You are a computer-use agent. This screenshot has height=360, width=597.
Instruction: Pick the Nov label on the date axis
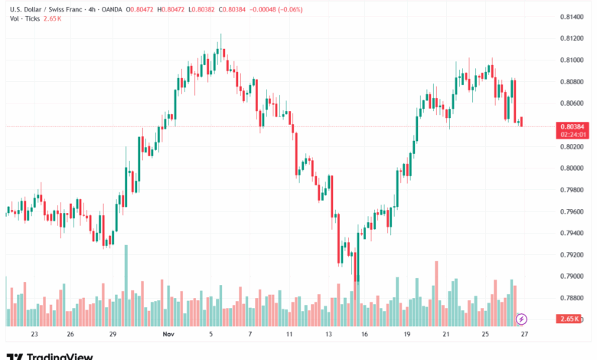point(169,335)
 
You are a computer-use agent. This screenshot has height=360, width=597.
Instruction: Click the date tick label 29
point(113,335)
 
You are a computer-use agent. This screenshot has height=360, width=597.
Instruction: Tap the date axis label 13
point(328,335)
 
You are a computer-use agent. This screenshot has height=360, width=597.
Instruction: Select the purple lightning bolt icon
point(522,319)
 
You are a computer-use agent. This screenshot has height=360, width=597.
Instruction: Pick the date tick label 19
point(408,335)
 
